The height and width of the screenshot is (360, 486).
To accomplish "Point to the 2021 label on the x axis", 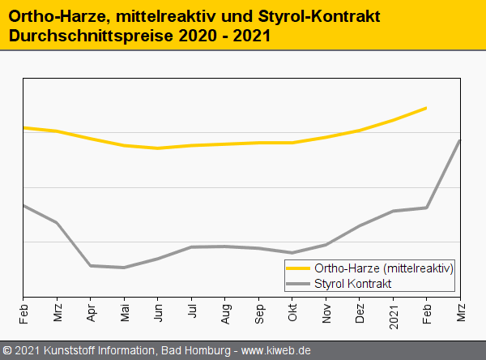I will pyautogui.click(x=393, y=312).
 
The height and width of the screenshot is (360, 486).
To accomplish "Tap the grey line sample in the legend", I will pyautogui.click(x=298, y=284).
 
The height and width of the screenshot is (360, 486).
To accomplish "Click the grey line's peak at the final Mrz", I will pyautogui.click(x=459, y=140).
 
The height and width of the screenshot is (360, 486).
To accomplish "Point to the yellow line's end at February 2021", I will pyautogui.click(x=426, y=108).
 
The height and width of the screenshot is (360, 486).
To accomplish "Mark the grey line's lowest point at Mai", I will pyautogui.click(x=124, y=268).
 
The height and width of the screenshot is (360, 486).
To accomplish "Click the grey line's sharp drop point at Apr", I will pyautogui.click(x=91, y=265).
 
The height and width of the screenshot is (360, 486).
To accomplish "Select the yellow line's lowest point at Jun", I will pyautogui.click(x=158, y=148).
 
